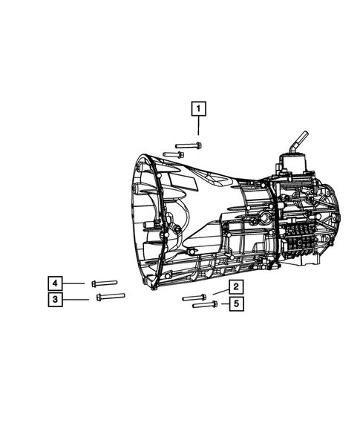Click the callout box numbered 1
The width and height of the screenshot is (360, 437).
point(198,108)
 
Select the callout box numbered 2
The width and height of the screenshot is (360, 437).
point(236,287)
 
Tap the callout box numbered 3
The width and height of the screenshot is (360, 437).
point(55,299)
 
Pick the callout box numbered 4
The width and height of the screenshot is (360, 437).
point(55,283)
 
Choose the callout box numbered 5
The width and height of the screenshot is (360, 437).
point(237,303)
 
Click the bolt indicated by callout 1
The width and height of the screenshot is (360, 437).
point(189,145)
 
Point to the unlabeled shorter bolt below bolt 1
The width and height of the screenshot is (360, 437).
point(173,154)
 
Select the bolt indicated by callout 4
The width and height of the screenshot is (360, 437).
point(105,283)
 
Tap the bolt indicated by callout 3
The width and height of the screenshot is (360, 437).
point(111,297)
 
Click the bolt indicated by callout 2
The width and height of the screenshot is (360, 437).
point(194,298)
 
